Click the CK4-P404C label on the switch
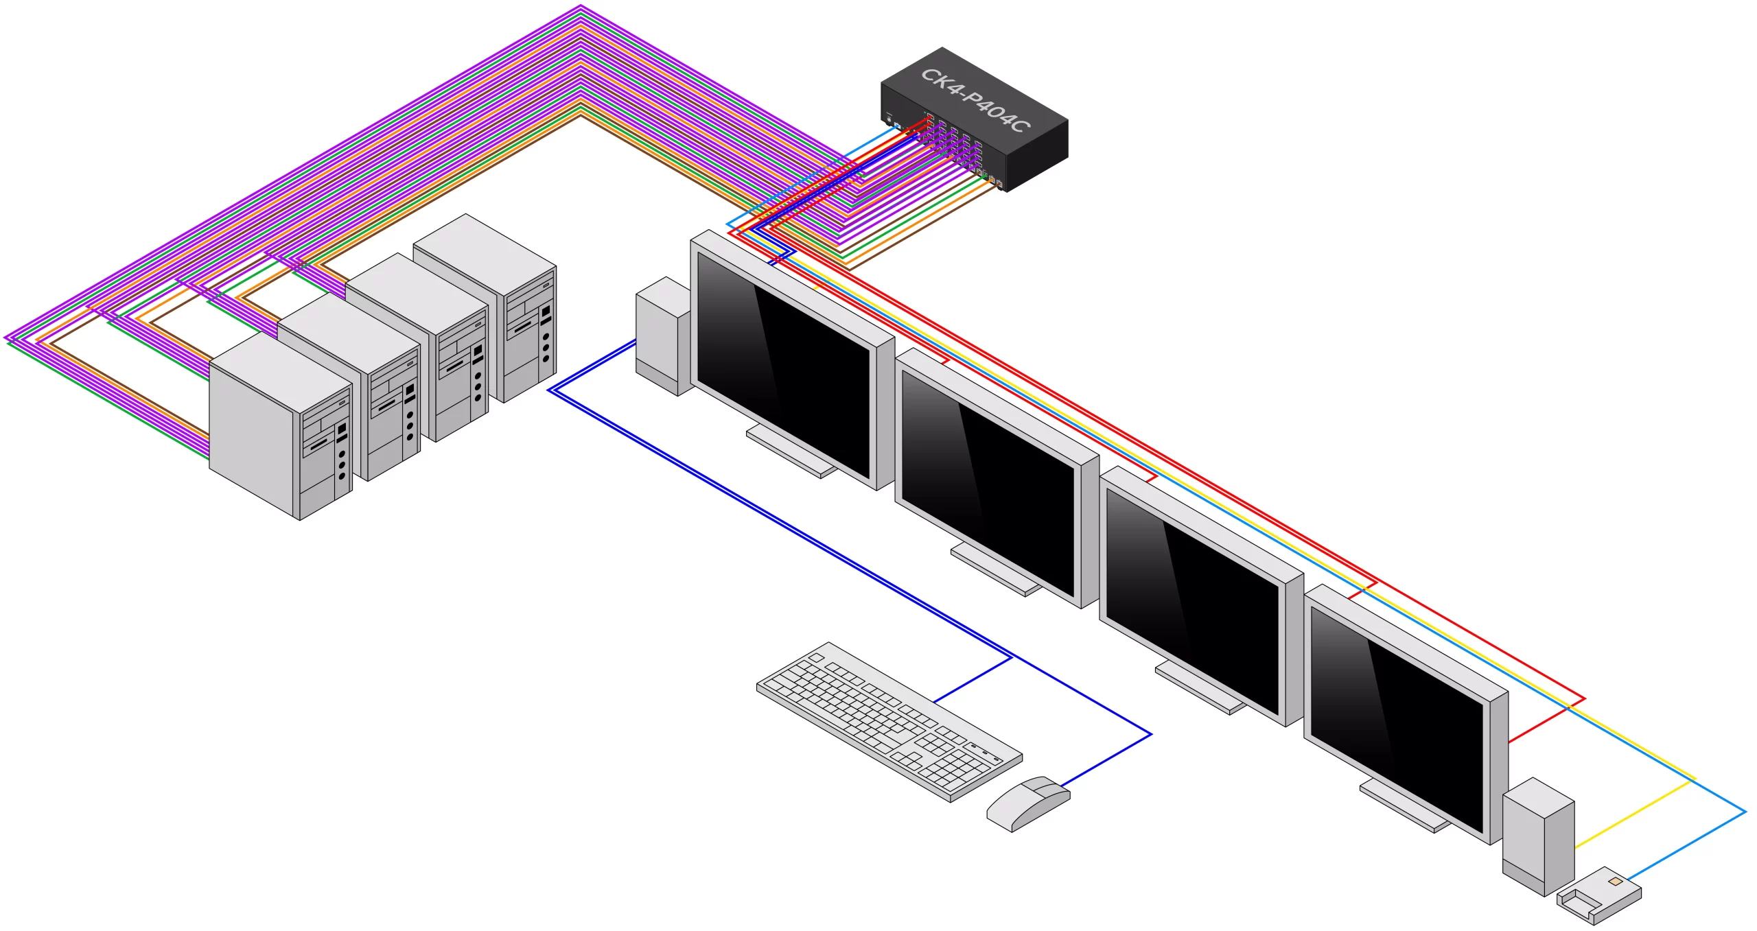pyautogui.click(x=975, y=100)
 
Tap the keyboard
pyautogui.click(x=889, y=722)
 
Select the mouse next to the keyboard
pyautogui.click(x=1028, y=803)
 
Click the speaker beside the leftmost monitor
pyautogui.click(x=663, y=336)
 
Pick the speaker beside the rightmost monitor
pyautogui.click(x=1538, y=836)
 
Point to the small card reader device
pyautogui.click(x=1599, y=895)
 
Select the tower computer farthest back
pyautogui.click(x=485, y=308)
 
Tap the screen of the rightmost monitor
pyautogui.click(x=1397, y=720)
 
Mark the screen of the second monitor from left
pyautogui.click(x=988, y=483)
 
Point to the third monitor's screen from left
pyautogui.click(x=1192, y=602)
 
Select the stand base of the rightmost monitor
pyautogui.click(x=1404, y=805)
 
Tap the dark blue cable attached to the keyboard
pyautogui.click(x=973, y=679)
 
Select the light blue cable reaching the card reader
pyautogui.click(x=1686, y=845)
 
